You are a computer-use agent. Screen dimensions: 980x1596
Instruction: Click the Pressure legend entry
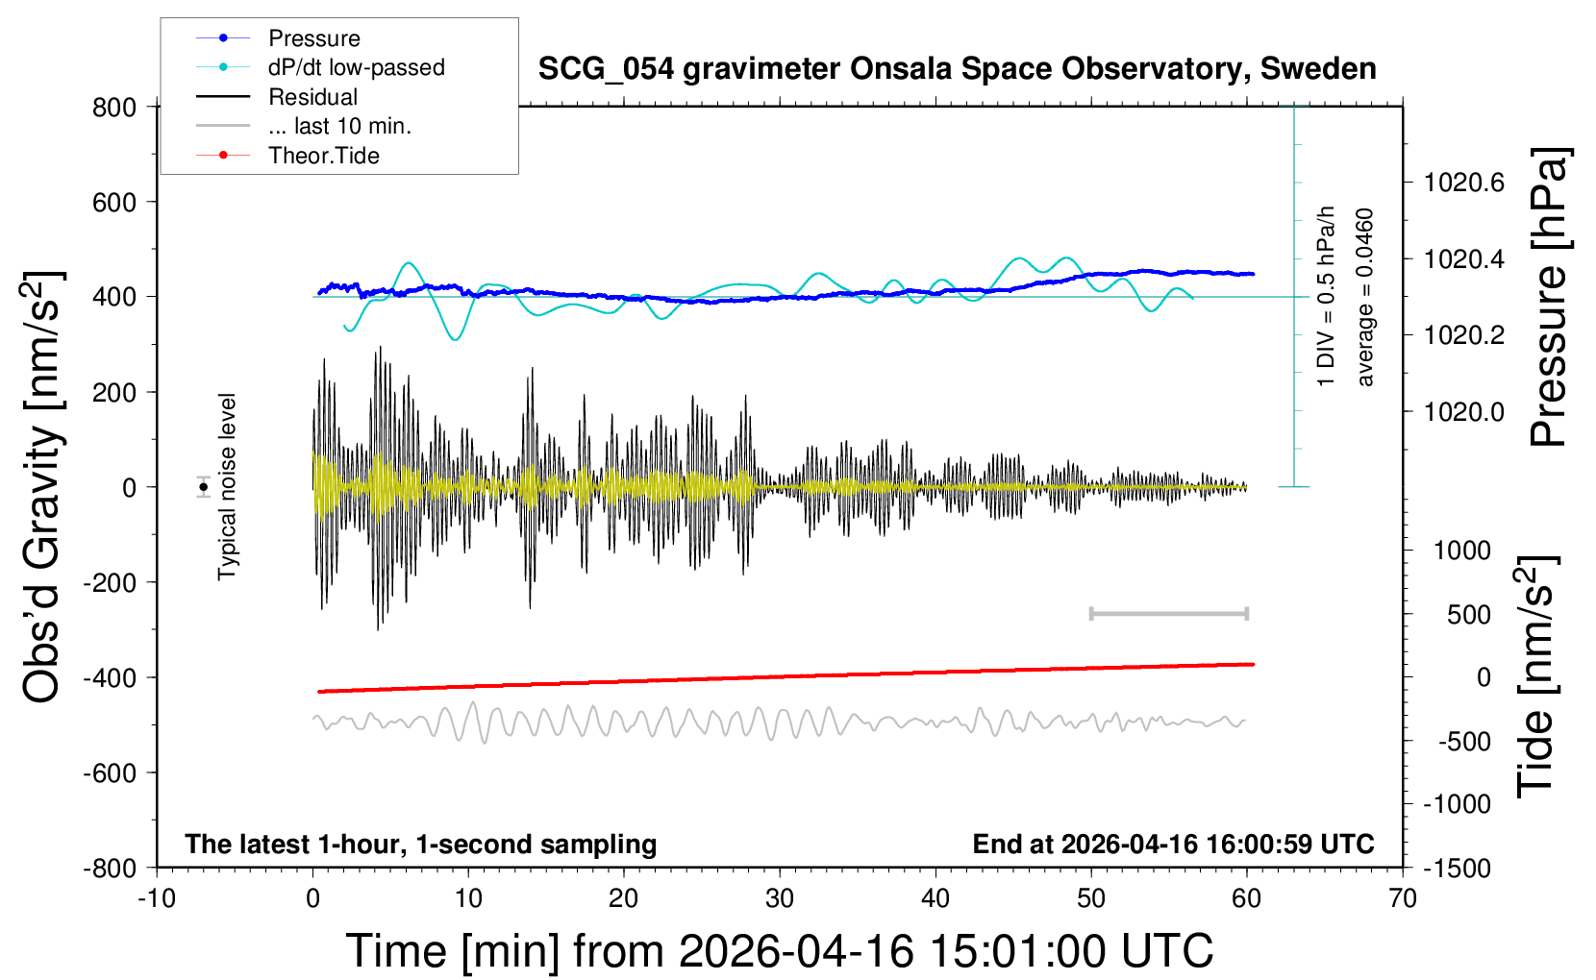coord(313,38)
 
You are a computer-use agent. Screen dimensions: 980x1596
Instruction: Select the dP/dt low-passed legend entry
coord(356,67)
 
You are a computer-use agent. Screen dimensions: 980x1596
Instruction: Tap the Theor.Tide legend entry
coord(323,156)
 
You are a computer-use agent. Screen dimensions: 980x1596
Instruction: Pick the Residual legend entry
coord(312,97)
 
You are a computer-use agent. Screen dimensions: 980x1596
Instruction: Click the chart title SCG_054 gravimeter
coord(957,69)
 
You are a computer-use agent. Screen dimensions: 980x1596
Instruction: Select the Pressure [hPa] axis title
coord(1550,298)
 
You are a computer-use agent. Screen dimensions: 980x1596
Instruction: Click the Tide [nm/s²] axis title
coord(1536,676)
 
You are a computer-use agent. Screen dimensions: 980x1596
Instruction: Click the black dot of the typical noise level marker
coord(204,487)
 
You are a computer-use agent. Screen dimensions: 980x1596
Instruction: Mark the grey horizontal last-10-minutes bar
coord(1168,613)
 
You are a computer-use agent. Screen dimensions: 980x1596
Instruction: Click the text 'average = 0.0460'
coord(1365,298)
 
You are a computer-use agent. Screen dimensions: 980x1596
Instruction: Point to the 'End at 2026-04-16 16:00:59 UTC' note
coord(1173,844)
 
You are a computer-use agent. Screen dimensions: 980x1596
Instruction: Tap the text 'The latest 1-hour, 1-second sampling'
coord(421,844)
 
